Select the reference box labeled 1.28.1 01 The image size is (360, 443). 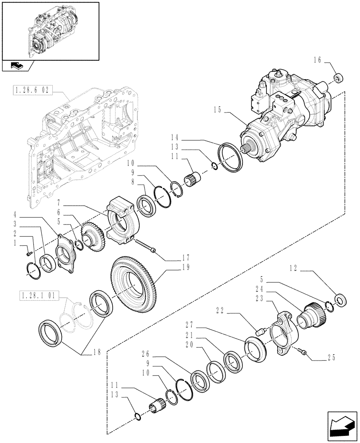[x=39, y=295]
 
